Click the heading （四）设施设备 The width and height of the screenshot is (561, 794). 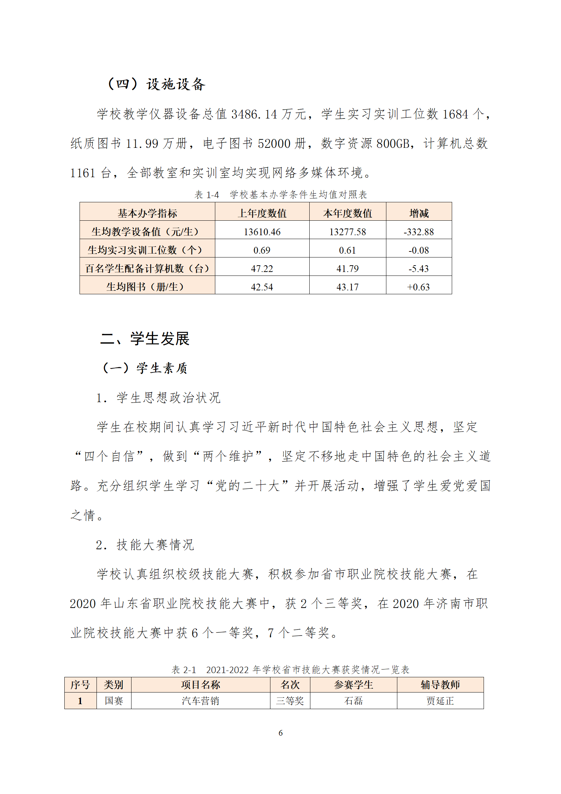pos(156,84)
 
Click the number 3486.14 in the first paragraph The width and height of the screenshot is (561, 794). pos(254,114)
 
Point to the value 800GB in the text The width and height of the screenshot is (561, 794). pos(393,144)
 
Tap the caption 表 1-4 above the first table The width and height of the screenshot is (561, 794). pos(207,195)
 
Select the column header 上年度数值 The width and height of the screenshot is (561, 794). pos(262,213)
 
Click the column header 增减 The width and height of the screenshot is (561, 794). pos(419,213)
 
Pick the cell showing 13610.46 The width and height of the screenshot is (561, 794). pos(262,232)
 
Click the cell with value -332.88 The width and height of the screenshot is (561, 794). pos(419,232)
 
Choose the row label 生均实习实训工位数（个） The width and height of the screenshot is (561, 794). pos(147,250)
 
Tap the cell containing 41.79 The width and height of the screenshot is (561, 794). pos(347,268)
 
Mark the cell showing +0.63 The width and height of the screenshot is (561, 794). pos(419,287)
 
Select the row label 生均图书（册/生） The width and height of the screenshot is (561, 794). pos(147,287)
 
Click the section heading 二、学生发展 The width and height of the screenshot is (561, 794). pos(145,339)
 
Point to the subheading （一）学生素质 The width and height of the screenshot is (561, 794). pos(145,368)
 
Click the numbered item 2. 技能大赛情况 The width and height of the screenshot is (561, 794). pos(145,545)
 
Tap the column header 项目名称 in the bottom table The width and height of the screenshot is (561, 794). pos(200,685)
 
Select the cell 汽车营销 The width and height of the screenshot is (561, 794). pos(200,701)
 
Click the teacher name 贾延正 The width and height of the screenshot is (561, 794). pos(440,701)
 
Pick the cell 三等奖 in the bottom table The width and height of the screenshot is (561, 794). pos(290,701)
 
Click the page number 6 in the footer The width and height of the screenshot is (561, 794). pos(280,733)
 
